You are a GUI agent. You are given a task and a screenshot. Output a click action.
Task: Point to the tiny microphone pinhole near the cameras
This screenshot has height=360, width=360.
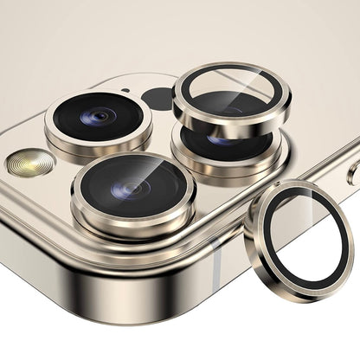[126, 90]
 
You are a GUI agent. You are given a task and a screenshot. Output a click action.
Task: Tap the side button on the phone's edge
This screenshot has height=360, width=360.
[353, 173]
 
